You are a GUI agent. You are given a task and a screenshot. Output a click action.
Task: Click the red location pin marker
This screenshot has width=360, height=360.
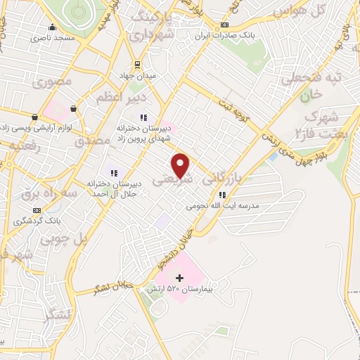(x=181, y=165)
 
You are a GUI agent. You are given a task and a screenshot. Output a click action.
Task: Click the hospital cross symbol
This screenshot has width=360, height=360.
(x=179, y=278)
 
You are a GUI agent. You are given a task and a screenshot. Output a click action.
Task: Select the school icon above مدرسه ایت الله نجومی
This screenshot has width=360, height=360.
(x=222, y=195)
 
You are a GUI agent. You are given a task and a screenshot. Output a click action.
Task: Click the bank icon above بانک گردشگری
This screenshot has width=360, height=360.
(x=37, y=210)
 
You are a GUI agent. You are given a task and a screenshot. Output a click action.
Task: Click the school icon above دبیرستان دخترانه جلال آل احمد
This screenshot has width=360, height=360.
(x=112, y=172)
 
